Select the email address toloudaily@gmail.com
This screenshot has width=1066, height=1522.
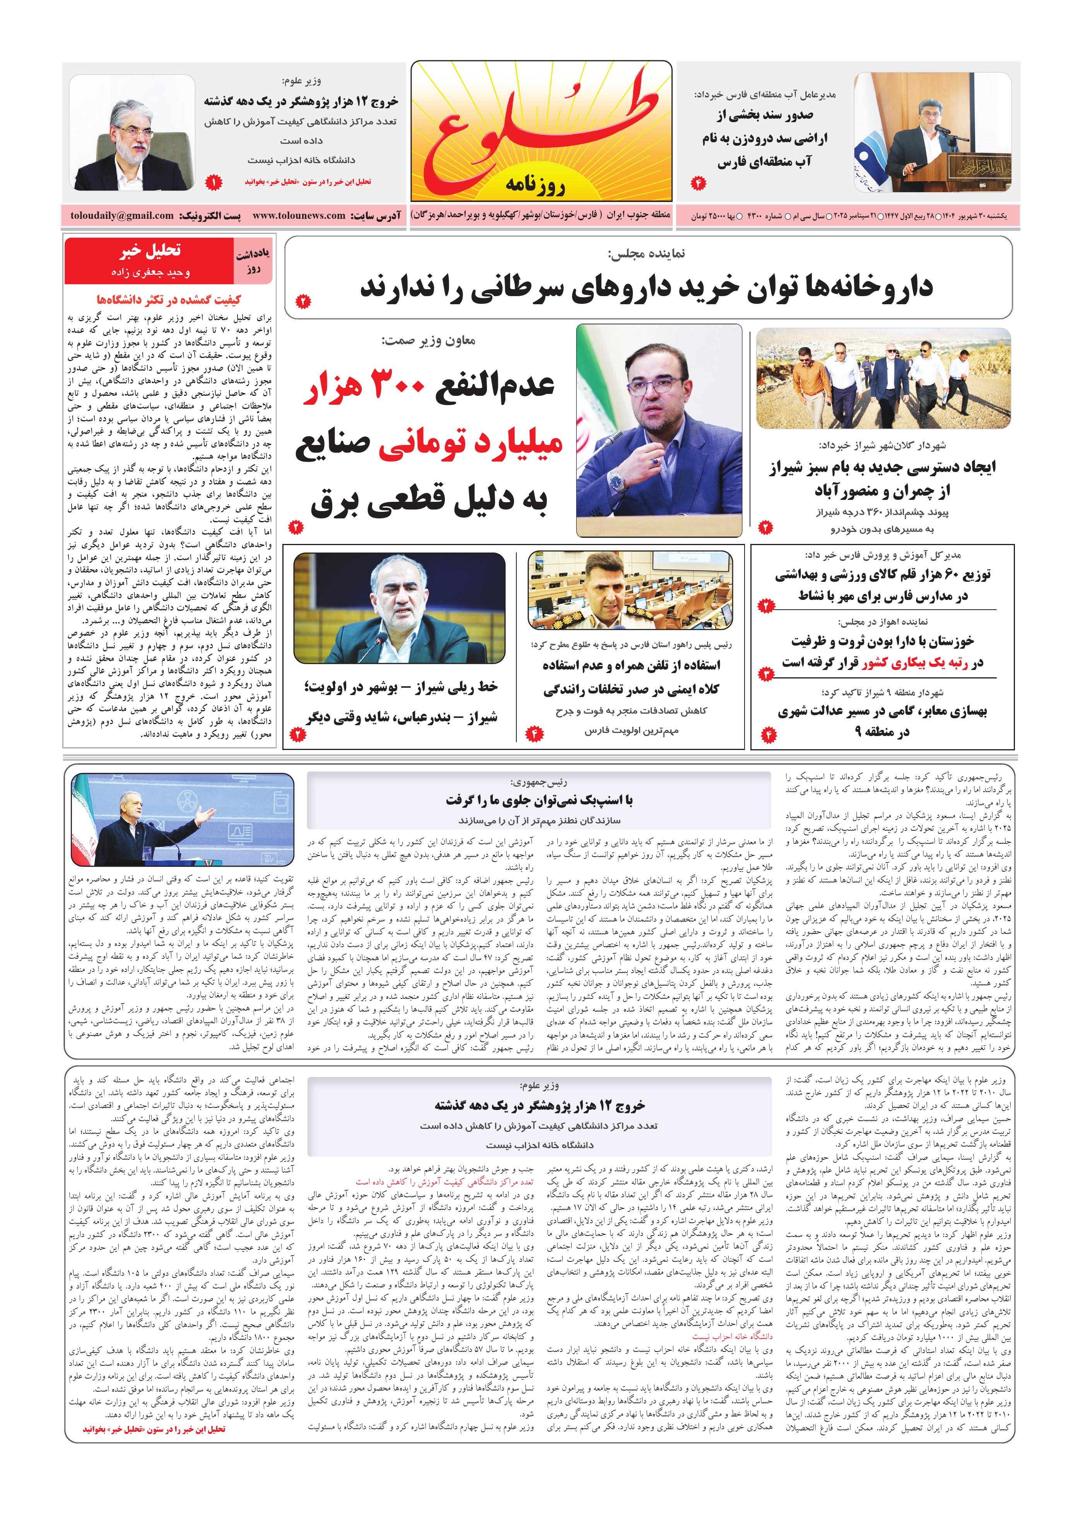click(121, 215)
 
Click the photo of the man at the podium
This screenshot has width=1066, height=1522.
click(933, 133)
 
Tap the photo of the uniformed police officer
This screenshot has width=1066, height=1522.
click(630, 590)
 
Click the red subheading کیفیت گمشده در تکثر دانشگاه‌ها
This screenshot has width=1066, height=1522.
click(169, 300)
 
